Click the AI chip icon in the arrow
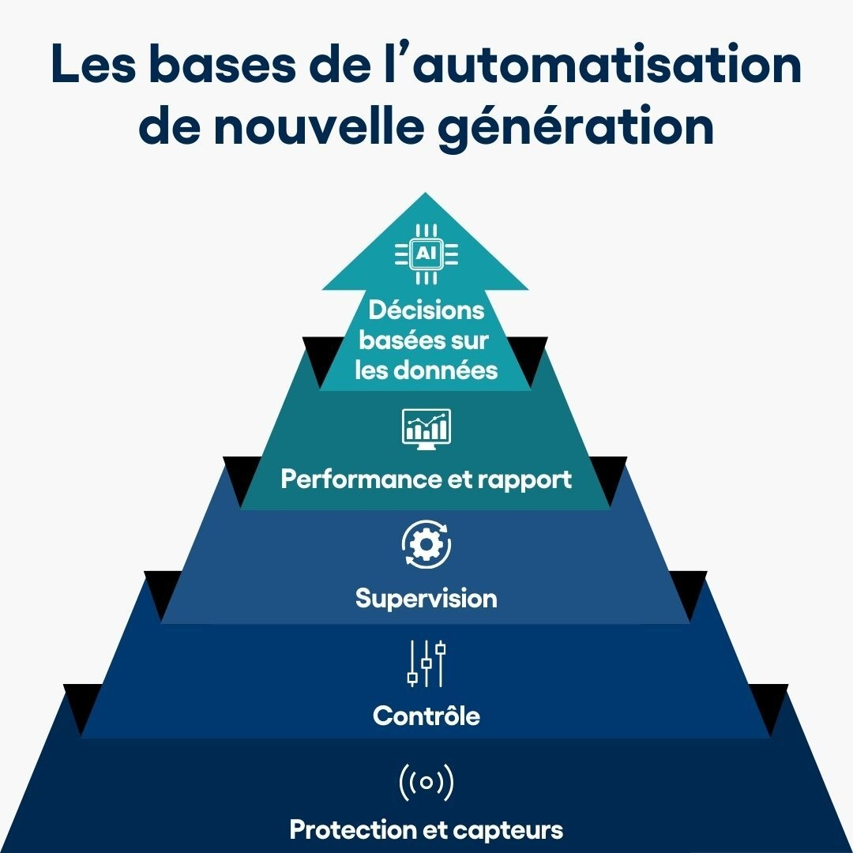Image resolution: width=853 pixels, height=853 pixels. coord(426,254)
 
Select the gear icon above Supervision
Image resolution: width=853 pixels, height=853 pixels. coord(426,544)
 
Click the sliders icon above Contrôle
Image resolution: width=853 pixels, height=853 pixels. coord(426,663)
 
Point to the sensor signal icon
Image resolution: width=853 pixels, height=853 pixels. coord(426,782)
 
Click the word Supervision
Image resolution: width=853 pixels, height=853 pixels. coord(426,599)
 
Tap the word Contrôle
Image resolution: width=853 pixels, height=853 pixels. coord(426,716)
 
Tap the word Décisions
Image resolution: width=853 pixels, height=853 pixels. coord(426,310)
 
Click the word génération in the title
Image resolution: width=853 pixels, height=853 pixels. coord(576,126)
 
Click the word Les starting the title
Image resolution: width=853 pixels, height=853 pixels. coord(92,64)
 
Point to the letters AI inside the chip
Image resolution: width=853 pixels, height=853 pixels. coord(426,254)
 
